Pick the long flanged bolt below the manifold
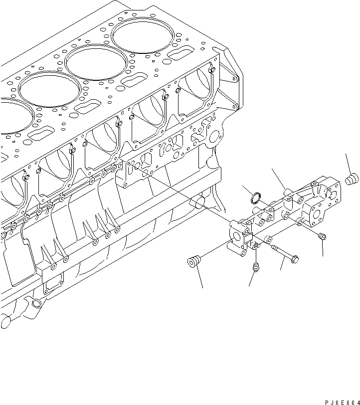283,252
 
